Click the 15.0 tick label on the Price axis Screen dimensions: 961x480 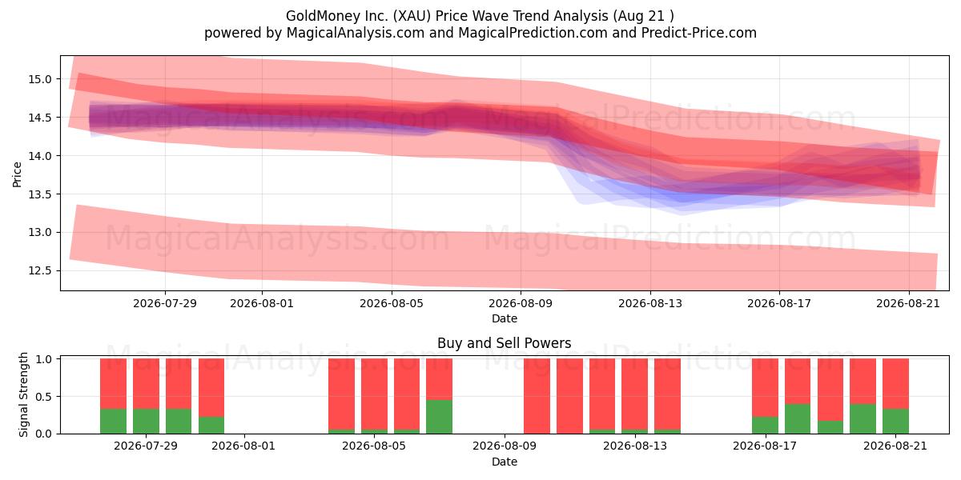click(x=39, y=79)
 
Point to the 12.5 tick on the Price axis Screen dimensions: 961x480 click(x=39, y=271)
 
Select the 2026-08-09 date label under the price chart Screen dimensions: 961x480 click(x=521, y=303)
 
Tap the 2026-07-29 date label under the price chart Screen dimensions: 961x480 click(x=165, y=303)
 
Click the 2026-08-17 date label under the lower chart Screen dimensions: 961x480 click(x=765, y=446)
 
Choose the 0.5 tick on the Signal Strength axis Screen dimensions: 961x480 click(x=44, y=397)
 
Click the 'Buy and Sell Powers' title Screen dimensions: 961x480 click(x=504, y=343)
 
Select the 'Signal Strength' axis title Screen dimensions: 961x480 click(x=23, y=394)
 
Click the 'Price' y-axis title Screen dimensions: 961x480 click(x=17, y=174)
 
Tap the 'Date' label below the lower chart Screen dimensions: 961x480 click(x=504, y=462)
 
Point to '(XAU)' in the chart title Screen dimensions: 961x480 click(x=412, y=16)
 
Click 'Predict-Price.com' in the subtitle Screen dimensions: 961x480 click(x=699, y=33)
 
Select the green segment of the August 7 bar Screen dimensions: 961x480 click(x=439, y=417)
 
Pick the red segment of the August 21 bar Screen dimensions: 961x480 click(x=895, y=383)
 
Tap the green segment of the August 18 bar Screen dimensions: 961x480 click(x=798, y=418)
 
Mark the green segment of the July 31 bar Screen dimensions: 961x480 click(x=211, y=425)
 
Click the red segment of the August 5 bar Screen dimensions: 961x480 click(x=374, y=394)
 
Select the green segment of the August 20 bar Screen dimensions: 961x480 click(x=862, y=418)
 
